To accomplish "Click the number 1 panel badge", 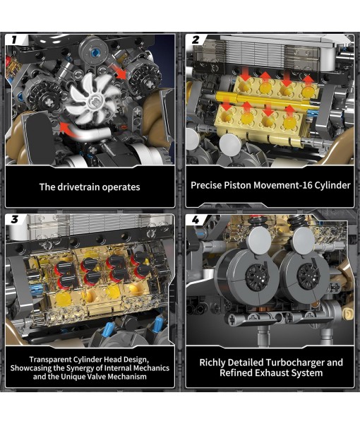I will point(15,40).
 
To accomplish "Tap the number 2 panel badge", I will point(196,40).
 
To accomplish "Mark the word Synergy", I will point(93,367).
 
